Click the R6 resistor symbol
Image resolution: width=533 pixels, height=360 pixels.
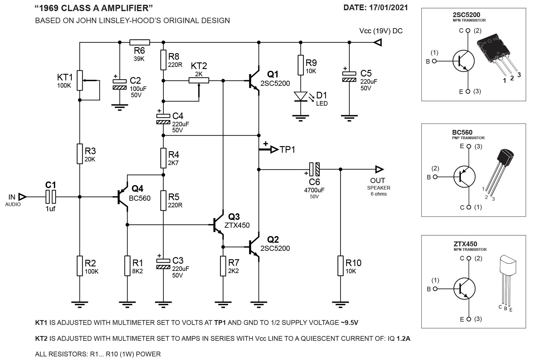(x=139, y=42)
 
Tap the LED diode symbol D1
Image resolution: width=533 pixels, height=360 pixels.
(x=301, y=96)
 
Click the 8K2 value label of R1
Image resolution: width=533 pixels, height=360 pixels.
(x=138, y=271)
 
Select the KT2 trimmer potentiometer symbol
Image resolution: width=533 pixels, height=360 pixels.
(x=199, y=80)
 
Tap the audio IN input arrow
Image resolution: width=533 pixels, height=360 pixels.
(x=22, y=197)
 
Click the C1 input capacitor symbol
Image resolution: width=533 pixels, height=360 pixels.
(x=51, y=197)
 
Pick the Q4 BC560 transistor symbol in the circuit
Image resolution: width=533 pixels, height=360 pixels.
(x=122, y=197)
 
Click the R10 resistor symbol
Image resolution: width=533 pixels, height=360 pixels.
(x=340, y=265)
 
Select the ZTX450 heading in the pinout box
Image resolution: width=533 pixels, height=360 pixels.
(x=466, y=244)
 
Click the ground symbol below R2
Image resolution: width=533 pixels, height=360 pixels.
(x=79, y=304)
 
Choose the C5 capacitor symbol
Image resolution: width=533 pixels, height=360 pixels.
(x=349, y=76)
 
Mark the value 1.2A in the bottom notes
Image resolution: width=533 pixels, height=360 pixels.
(x=403, y=338)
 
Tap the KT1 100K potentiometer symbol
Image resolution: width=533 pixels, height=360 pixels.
(x=79, y=80)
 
